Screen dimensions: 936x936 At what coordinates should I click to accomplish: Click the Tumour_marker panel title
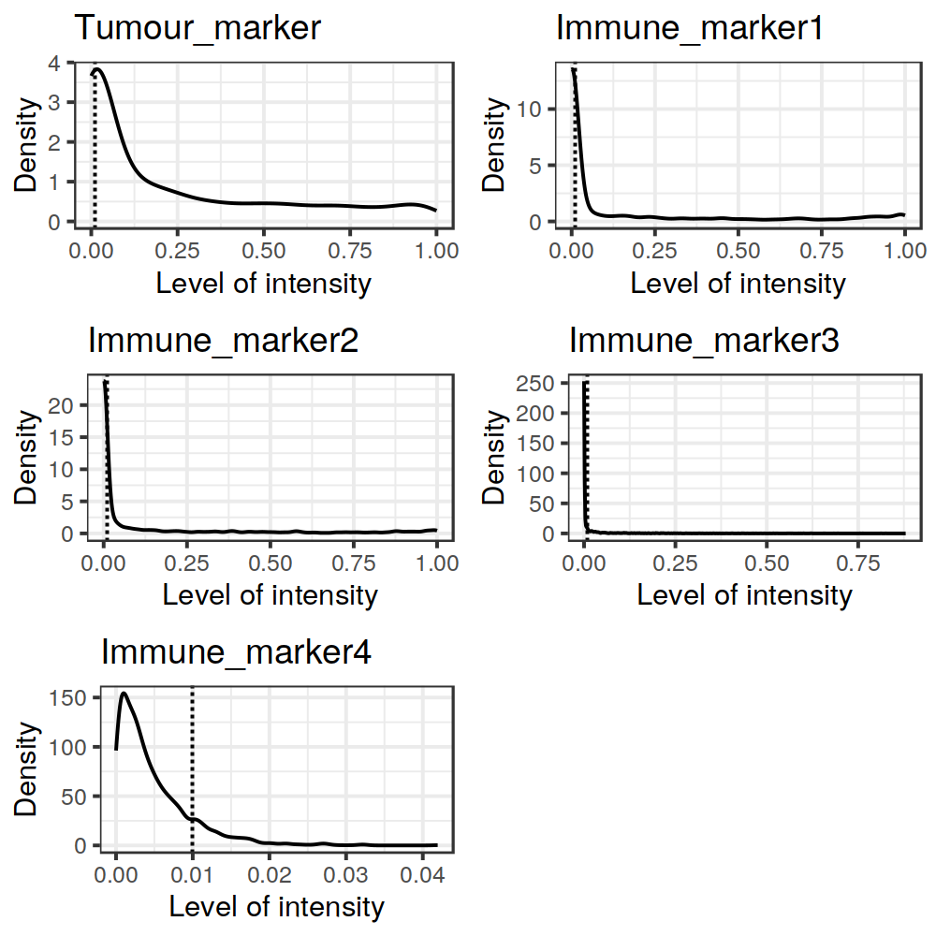tap(197, 28)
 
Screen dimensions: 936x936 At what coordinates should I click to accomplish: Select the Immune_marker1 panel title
tap(690, 28)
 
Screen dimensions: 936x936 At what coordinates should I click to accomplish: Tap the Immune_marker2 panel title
tap(223, 341)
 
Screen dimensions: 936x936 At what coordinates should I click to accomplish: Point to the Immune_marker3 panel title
tap(704, 341)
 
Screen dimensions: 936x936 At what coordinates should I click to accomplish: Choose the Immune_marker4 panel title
tap(236, 652)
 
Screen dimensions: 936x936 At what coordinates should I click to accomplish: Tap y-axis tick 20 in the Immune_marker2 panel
tap(60, 405)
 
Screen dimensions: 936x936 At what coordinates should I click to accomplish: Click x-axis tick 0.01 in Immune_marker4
tap(192, 875)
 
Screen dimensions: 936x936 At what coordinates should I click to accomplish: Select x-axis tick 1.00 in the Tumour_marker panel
tap(436, 251)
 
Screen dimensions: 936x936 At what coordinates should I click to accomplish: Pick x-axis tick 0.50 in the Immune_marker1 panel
tap(739, 251)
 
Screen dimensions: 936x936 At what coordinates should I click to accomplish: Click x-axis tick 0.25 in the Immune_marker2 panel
tap(186, 563)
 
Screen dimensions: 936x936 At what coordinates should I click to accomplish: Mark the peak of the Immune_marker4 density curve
tap(124, 694)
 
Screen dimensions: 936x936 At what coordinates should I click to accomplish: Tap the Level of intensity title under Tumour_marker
tap(263, 283)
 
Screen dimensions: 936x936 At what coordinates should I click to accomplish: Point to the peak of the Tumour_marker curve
tap(98, 69)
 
